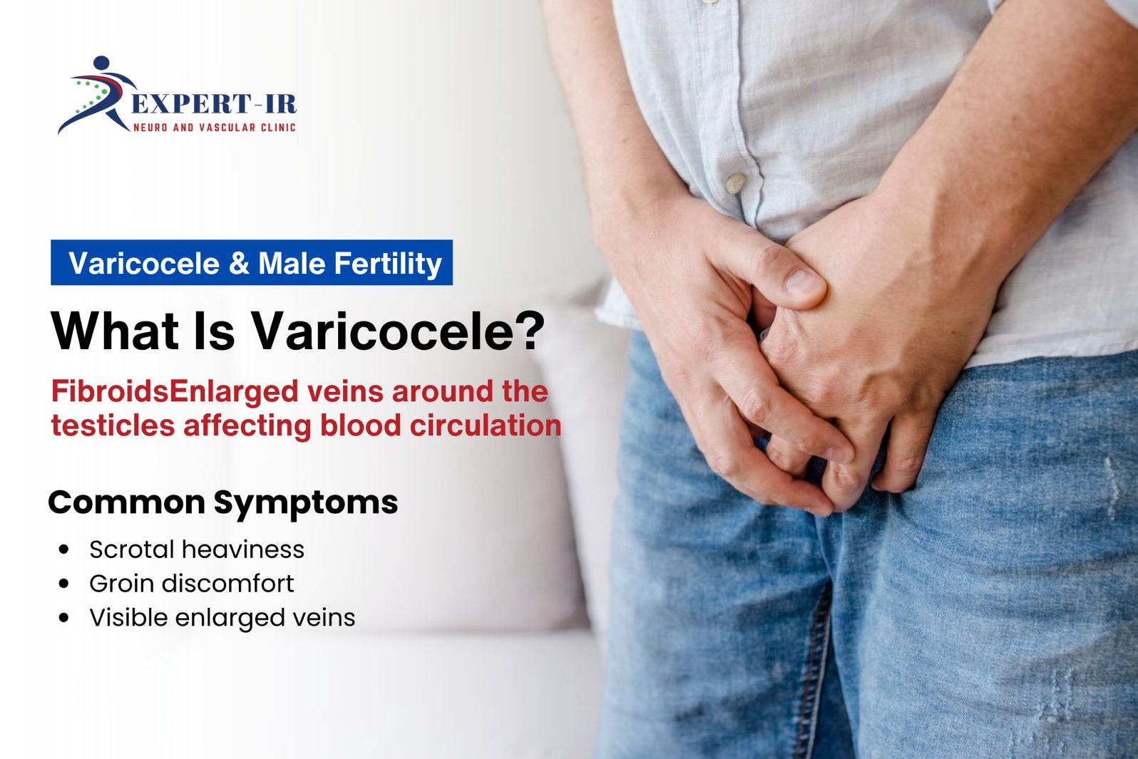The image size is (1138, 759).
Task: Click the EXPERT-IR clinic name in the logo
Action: pos(214,103)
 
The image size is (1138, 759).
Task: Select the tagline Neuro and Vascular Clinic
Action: pos(215,127)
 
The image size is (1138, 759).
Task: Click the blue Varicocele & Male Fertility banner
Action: pos(252,262)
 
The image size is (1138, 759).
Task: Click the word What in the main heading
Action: pos(115,331)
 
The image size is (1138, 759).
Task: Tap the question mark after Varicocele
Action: pos(532,330)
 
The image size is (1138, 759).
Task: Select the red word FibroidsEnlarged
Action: pos(175,392)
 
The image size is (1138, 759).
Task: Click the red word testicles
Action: pos(113,425)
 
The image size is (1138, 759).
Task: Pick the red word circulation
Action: pos(485,425)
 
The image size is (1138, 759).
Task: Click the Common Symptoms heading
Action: pos(223,502)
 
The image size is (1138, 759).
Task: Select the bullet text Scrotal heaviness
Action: pos(197,549)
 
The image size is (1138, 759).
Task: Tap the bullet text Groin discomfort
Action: pos(192,583)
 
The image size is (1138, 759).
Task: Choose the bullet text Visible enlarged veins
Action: pos(222,618)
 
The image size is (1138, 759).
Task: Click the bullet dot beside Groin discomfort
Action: pos(63,584)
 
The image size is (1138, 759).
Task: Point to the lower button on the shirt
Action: pos(735,182)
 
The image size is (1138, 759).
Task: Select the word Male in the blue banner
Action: pos(292,263)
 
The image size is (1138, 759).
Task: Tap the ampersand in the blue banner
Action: pos(239,264)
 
